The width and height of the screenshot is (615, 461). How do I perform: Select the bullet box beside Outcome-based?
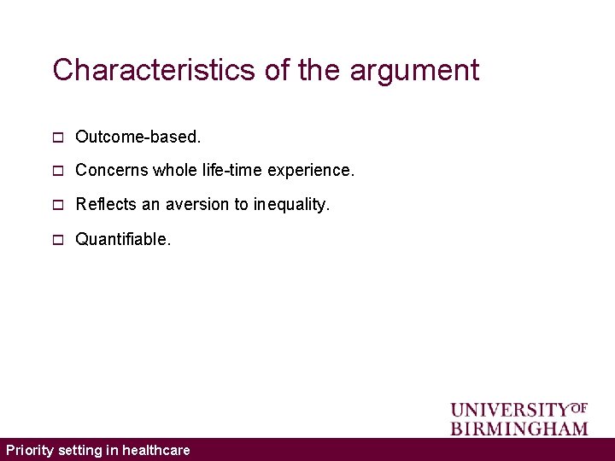click(x=57, y=137)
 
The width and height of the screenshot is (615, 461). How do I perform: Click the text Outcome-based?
click(x=138, y=137)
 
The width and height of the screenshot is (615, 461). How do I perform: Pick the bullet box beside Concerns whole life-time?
click(x=57, y=171)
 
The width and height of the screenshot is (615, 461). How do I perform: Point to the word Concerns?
click(x=112, y=171)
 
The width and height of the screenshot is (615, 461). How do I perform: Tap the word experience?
click(x=311, y=172)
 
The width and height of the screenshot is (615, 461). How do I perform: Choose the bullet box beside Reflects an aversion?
click(x=57, y=205)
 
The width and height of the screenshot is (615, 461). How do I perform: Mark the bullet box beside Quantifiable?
click(x=57, y=240)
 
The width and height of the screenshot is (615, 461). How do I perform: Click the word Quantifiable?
click(x=123, y=240)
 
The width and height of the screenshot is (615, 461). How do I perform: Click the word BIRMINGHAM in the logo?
click(x=519, y=428)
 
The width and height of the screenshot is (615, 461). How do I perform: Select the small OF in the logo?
click(x=578, y=407)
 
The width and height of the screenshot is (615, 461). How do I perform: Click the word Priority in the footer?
click(x=30, y=450)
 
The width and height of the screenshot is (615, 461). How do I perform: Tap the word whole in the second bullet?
click(x=175, y=171)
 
